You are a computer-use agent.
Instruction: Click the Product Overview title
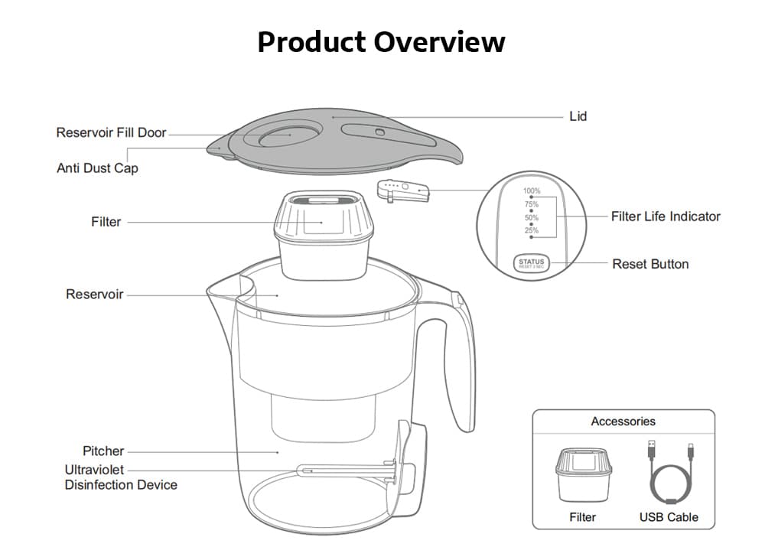tap(381, 41)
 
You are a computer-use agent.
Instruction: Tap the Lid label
tap(578, 116)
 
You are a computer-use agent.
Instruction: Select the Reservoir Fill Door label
tap(111, 132)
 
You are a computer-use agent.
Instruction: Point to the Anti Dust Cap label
tap(97, 168)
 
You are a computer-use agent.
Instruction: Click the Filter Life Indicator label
tap(666, 217)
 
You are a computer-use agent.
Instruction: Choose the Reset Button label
tap(650, 264)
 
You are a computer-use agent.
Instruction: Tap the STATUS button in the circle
tap(531, 263)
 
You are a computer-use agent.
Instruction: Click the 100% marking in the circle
tap(532, 190)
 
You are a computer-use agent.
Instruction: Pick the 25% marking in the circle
tap(532, 230)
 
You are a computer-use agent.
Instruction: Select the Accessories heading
tap(623, 421)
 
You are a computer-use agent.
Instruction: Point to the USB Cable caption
tap(669, 517)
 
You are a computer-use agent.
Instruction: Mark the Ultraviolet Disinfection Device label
tap(120, 477)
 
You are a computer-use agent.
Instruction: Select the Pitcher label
tap(103, 451)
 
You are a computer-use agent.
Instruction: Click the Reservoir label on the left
tap(94, 294)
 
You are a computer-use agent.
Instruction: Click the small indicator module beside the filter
tap(402, 189)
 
